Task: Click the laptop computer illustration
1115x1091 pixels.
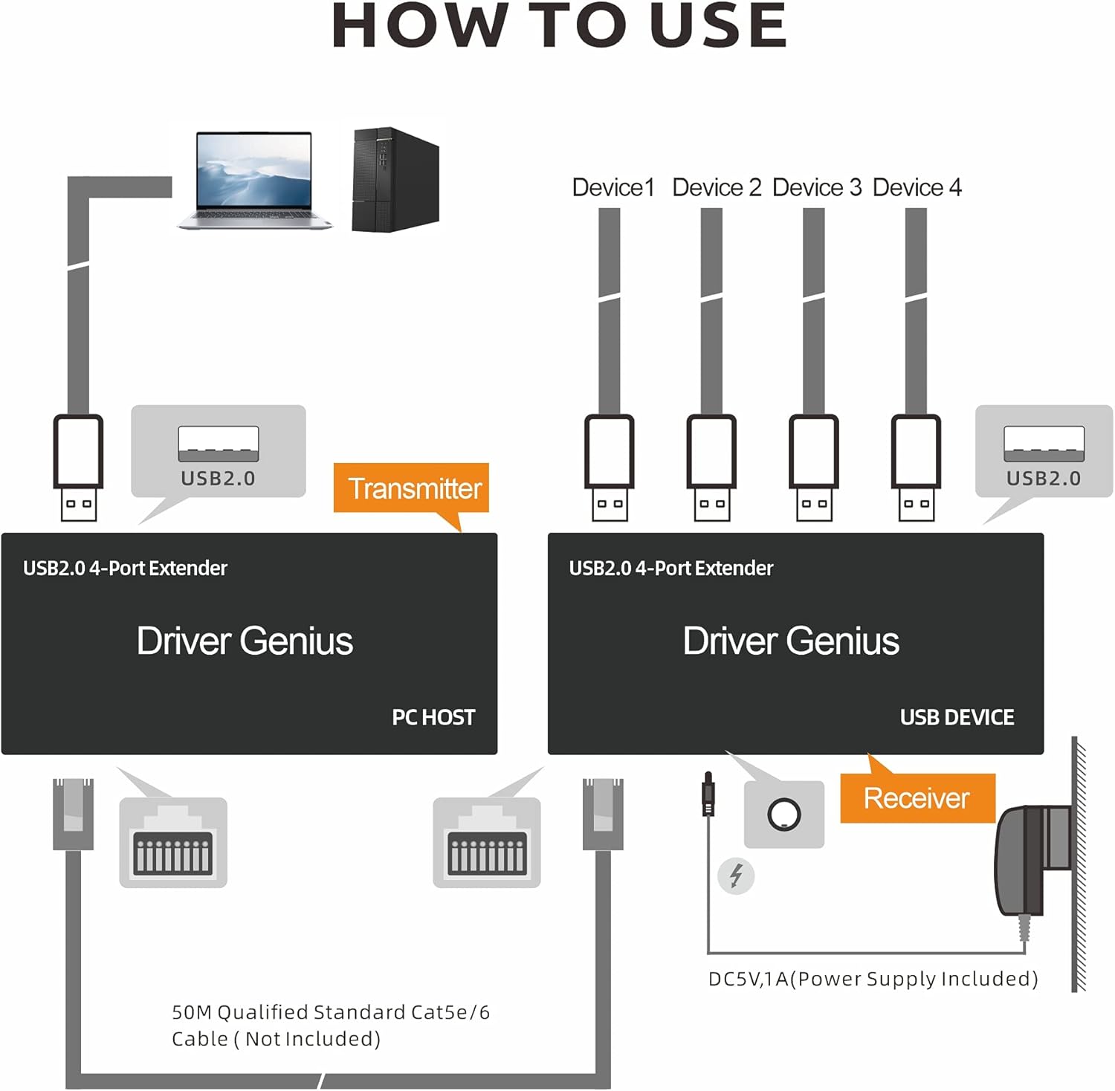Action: pyautogui.click(x=254, y=180)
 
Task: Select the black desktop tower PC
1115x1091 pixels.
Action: pyautogui.click(x=395, y=179)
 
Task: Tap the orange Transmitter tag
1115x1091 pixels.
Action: pyautogui.click(x=414, y=488)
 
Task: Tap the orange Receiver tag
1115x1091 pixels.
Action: pyautogui.click(x=916, y=798)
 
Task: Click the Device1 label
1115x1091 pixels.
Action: pyautogui.click(x=613, y=187)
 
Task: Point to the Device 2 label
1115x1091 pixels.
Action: pyautogui.click(x=717, y=187)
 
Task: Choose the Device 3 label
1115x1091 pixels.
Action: pyautogui.click(x=817, y=187)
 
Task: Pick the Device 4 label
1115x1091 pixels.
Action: pyautogui.click(x=917, y=187)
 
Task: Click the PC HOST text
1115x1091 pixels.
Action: pyautogui.click(x=433, y=717)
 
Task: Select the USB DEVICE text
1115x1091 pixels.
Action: pyautogui.click(x=957, y=717)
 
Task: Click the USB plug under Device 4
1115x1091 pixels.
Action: pyautogui.click(x=916, y=468)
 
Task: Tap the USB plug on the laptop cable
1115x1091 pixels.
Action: pyautogui.click(x=78, y=468)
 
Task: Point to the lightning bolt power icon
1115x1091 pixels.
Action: pyautogui.click(x=736, y=875)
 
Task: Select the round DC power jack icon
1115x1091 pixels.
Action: pyautogui.click(x=783, y=815)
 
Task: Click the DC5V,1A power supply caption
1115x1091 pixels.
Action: pyautogui.click(x=873, y=979)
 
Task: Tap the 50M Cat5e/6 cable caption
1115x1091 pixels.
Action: pyautogui.click(x=330, y=1025)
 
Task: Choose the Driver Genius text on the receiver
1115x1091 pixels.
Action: pyautogui.click(x=791, y=641)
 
